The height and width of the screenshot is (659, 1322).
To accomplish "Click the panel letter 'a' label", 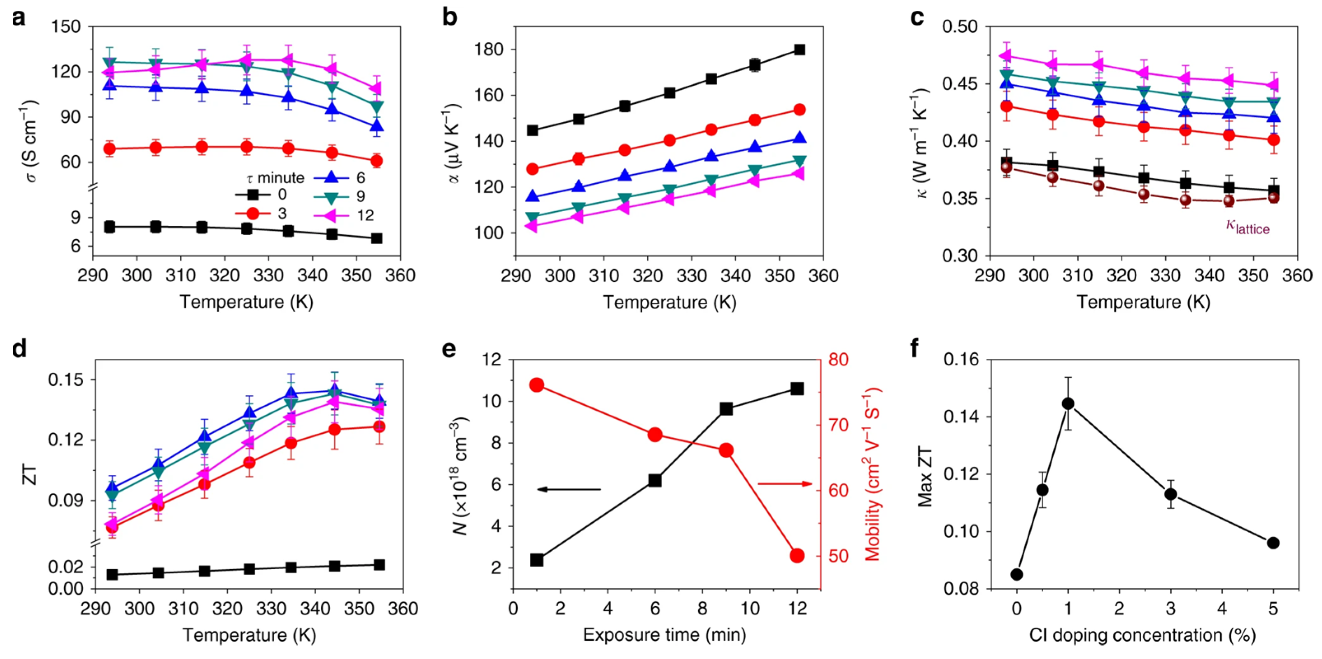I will pyautogui.click(x=19, y=19).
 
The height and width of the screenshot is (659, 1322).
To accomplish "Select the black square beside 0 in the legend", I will pyautogui.click(x=252, y=195).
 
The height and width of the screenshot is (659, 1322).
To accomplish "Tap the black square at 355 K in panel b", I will pyautogui.click(x=799, y=50).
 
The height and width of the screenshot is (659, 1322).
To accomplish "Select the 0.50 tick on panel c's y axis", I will pyautogui.click(x=959, y=27).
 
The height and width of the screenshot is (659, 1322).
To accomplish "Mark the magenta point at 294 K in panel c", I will pyautogui.click(x=1006, y=56).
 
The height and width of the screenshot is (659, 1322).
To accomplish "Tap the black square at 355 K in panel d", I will pyautogui.click(x=379, y=565).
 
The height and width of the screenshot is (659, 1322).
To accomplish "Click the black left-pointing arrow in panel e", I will pyautogui.click(x=568, y=489).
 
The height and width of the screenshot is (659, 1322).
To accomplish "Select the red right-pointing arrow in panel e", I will pyautogui.click(x=785, y=484).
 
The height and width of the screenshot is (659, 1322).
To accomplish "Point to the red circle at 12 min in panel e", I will pyautogui.click(x=797, y=555).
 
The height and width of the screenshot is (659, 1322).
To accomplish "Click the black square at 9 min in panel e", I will pyautogui.click(x=726, y=409).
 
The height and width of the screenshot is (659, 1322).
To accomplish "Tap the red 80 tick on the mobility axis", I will pyautogui.click(x=838, y=359).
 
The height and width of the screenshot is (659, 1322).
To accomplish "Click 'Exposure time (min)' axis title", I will pyautogui.click(x=664, y=635).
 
